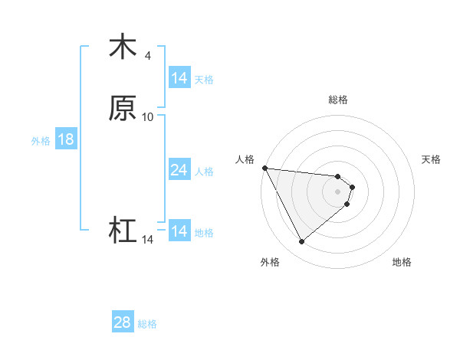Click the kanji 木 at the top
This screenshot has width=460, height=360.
point(123,47)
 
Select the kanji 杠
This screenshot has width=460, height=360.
point(123,231)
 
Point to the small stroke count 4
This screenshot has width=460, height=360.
point(148,55)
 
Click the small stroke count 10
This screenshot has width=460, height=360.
point(148,116)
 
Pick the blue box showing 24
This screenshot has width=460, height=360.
point(179,170)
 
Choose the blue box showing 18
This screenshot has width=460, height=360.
point(65,139)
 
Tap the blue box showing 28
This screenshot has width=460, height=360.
point(123,322)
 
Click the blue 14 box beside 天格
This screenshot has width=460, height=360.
point(179,78)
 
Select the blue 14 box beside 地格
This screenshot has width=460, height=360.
point(179,231)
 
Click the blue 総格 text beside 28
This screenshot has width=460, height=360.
point(147,324)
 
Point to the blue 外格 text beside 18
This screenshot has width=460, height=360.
point(40,141)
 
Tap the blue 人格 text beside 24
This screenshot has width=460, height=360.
point(205,172)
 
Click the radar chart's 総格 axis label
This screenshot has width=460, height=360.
point(338,100)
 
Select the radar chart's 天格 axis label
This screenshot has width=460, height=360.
point(432,159)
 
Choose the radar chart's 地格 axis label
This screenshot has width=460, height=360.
point(402,262)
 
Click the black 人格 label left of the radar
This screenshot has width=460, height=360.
point(245,159)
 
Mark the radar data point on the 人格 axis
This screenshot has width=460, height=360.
point(264,168)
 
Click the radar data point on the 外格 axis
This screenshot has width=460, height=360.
point(301,242)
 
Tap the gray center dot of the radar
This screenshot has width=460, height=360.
point(338,191)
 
